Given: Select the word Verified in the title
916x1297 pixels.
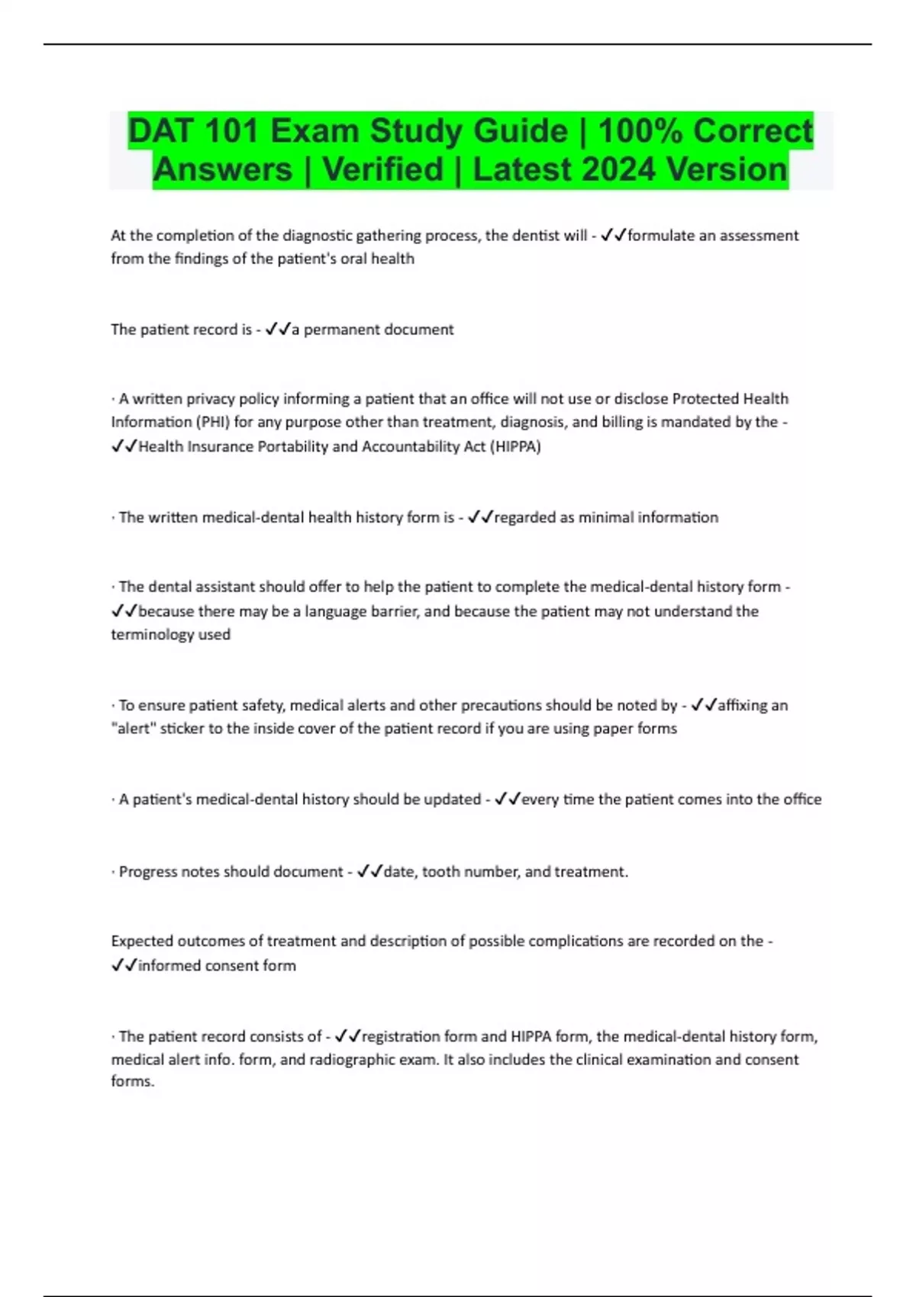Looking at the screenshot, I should (382, 169).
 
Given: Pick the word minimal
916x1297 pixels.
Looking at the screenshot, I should (606, 517).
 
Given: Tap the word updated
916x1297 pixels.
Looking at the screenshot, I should (452, 800).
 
